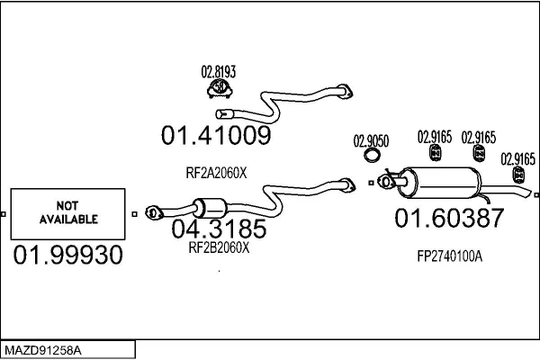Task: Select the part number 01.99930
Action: [x=67, y=256]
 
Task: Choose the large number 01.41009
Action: [x=216, y=136]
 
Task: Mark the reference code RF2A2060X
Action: [x=216, y=174]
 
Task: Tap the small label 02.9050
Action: [x=371, y=140]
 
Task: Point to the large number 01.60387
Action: [x=450, y=219]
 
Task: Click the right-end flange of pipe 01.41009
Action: [x=344, y=89]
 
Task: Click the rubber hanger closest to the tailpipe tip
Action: [x=518, y=174]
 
